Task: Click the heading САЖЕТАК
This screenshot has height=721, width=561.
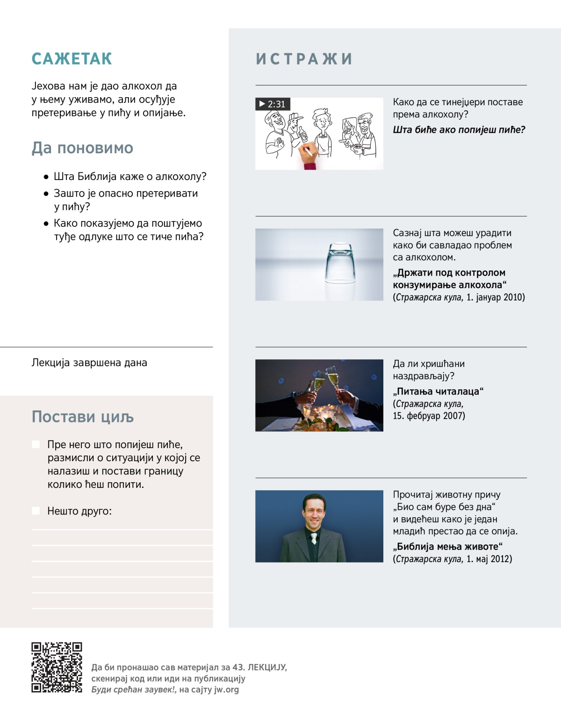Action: (72, 59)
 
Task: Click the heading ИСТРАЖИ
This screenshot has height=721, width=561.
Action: (304, 59)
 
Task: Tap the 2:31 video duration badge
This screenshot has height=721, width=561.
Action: (273, 104)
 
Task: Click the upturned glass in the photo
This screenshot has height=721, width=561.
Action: (340, 264)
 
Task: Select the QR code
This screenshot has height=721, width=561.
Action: (57, 667)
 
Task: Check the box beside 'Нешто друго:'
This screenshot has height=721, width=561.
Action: (36, 511)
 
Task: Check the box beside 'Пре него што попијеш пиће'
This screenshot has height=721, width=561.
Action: (36, 444)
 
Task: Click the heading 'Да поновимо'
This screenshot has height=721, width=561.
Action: (82, 148)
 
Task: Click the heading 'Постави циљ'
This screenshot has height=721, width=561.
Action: (83, 416)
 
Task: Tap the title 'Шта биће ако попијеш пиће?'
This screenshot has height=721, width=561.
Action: (459, 129)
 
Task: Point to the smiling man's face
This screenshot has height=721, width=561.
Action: (313, 512)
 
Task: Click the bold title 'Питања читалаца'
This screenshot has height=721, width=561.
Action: (438, 391)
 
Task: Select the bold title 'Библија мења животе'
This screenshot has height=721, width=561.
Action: (447, 546)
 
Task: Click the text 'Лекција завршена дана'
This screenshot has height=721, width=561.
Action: (89, 363)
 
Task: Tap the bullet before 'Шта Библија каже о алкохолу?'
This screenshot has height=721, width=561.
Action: (46, 177)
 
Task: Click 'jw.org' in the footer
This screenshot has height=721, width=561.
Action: (226, 689)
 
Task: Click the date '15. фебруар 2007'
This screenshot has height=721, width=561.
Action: (429, 416)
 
